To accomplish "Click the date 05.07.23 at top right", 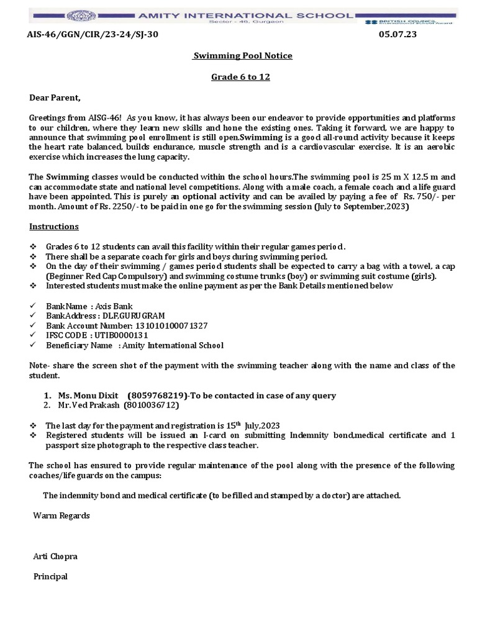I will [397, 35].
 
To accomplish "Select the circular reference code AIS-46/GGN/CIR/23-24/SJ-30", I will [93, 35].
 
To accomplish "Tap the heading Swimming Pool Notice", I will [242, 56].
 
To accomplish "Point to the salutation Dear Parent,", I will [55, 98].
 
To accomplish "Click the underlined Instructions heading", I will [54, 227].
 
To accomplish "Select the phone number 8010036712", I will [152, 405].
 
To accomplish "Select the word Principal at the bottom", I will [50, 576].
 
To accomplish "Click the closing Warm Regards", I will [61, 516].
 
